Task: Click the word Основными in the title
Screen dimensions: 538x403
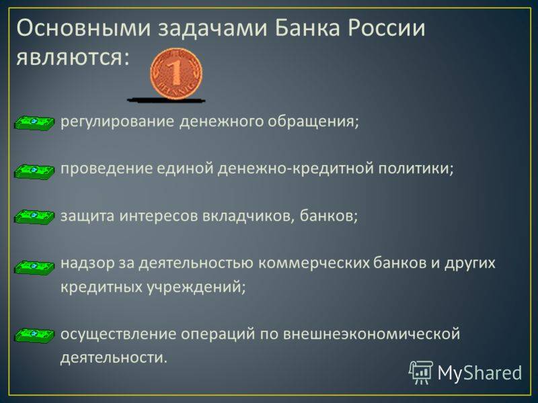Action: coord(83,28)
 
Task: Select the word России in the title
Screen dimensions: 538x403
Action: coord(387,28)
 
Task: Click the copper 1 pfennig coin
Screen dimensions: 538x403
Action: coord(176,73)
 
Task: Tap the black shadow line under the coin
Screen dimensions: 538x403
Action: coord(166,100)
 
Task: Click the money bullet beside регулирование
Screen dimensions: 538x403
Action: coord(34,123)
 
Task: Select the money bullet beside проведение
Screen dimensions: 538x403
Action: coord(34,171)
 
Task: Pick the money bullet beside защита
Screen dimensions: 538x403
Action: coord(34,216)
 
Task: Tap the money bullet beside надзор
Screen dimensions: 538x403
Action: coord(34,267)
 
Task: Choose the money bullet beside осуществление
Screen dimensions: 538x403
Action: coord(34,334)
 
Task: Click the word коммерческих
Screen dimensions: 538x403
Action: coord(313,263)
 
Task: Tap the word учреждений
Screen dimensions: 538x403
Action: coord(197,287)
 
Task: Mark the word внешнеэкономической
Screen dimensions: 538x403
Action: coord(371,334)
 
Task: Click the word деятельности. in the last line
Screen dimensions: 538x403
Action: coord(114,357)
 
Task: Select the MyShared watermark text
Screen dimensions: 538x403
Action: coord(479,373)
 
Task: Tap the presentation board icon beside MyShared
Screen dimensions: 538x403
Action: coord(421,372)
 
